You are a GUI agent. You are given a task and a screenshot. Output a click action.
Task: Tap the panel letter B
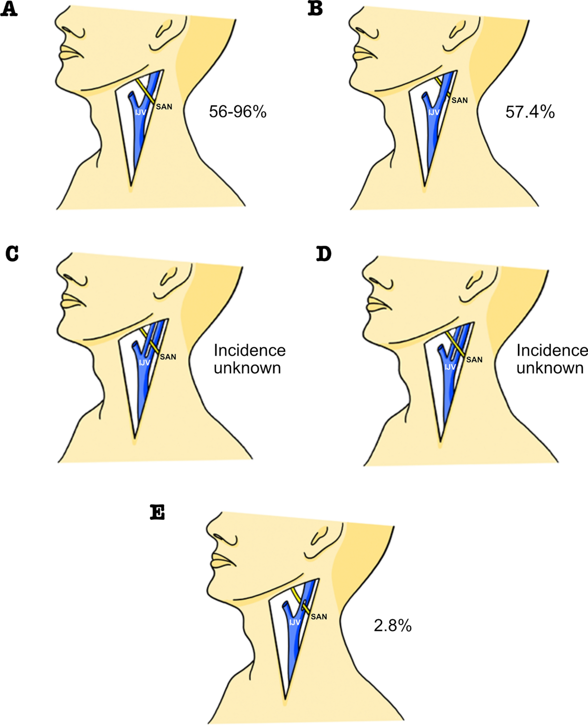point(315,9)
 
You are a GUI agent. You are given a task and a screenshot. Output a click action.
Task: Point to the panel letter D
point(323,254)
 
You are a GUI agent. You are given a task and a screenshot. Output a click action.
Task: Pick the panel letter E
point(157,512)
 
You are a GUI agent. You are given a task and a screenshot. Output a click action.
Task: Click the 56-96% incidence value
point(238,112)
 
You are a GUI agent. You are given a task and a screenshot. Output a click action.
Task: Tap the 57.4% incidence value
point(530,112)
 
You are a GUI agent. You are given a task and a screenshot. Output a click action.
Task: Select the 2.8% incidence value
point(392,625)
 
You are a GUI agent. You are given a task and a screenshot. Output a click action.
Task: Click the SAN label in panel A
point(164,106)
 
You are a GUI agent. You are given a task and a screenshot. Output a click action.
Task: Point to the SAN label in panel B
point(460,100)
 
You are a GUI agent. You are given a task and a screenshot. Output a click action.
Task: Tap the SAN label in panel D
point(474,360)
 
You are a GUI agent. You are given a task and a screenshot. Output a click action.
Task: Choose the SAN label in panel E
point(318,617)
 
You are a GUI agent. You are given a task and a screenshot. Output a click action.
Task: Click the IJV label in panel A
point(141,112)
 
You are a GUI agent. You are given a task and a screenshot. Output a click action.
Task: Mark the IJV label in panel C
point(144,363)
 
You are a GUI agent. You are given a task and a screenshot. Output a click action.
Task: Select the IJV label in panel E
point(294,622)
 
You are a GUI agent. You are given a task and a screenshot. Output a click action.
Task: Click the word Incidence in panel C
point(249,350)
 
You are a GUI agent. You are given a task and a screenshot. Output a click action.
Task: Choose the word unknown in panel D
point(550,368)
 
